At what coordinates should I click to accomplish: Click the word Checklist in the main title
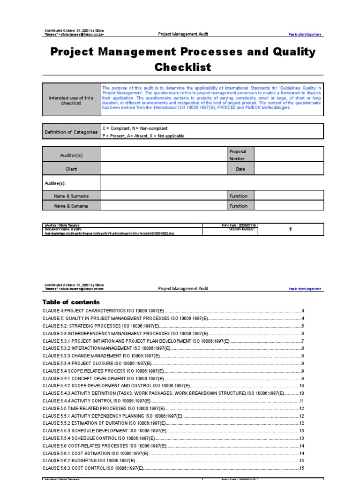pyautogui.click(x=183, y=67)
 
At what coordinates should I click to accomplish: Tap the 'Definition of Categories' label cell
pyautogui.click(x=71, y=132)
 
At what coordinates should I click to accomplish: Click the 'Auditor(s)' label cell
pyautogui.click(x=71, y=155)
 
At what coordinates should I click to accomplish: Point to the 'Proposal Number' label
pyautogui.click(x=238, y=155)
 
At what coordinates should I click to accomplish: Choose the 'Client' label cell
pyautogui.click(x=71, y=169)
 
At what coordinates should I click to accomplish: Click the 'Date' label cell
pyautogui.click(x=240, y=169)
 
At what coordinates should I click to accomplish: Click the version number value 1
pyautogui.click(x=290, y=229)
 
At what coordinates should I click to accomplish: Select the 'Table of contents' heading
pyautogui.click(x=71, y=302)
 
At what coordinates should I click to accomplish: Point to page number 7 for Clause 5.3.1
pyautogui.click(x=303, y=341)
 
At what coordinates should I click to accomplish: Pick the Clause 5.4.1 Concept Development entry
pyautogui.click(x=103, y=378)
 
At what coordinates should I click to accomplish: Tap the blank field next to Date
pyautogui.click(x=288, y=169)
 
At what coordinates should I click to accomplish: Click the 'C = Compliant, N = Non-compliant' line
pyautogui.click(x=135, y=128)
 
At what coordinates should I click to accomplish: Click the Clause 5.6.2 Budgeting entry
pyautogui.click(x=89, y=461)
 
